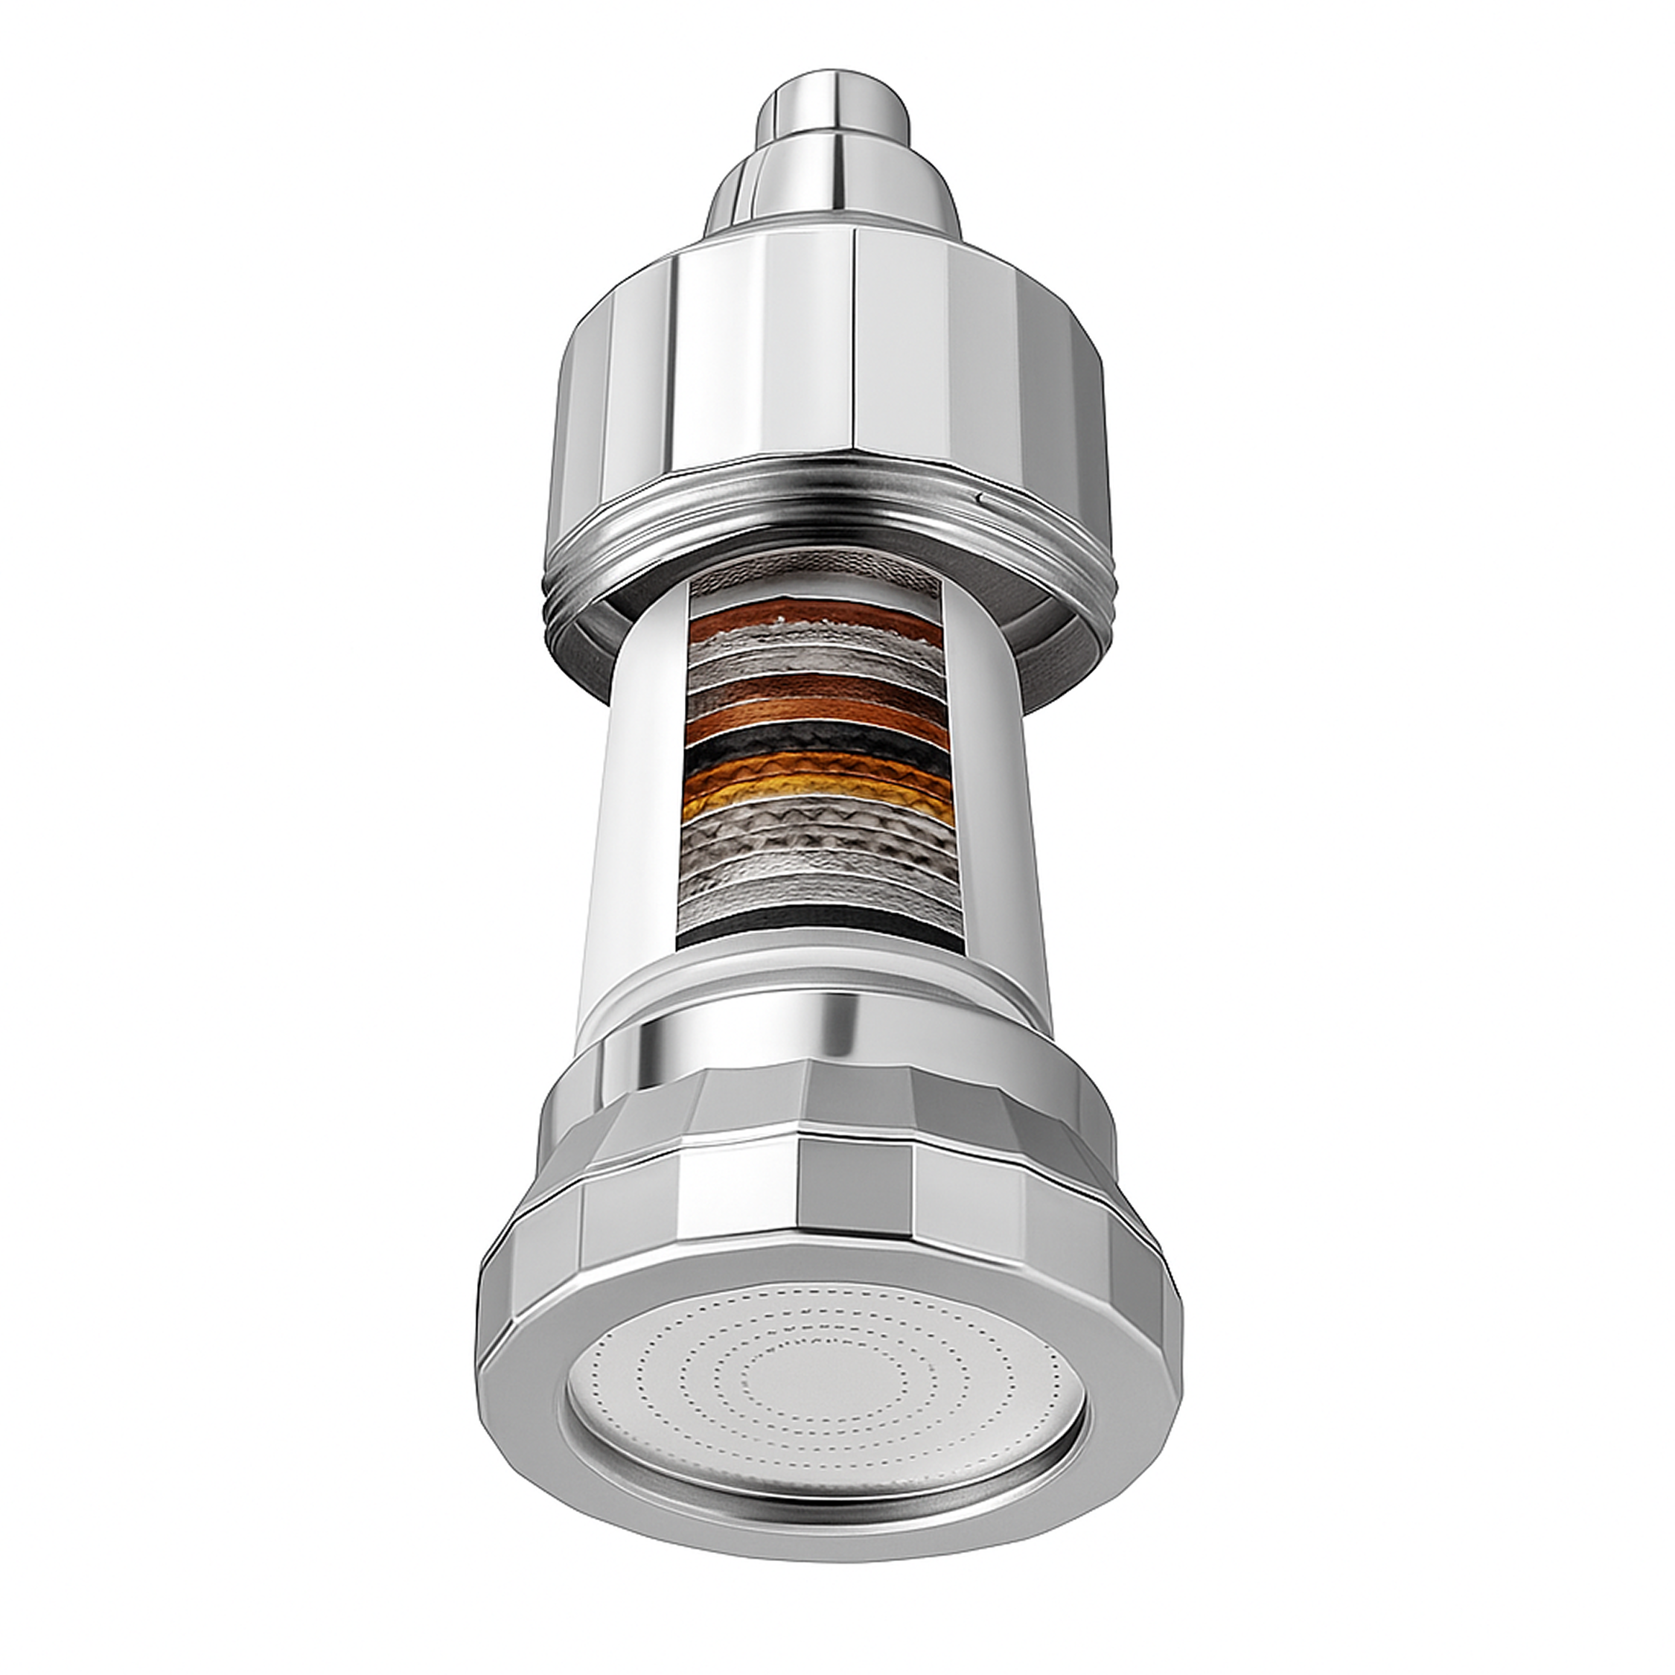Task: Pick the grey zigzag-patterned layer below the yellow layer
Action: click(x=820, y=837)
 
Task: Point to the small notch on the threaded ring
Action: click(x=980, y=497)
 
